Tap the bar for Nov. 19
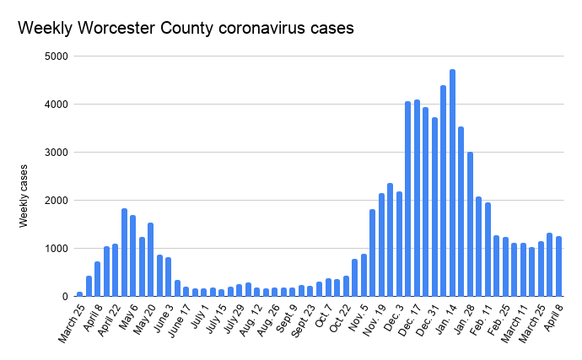[381, 244]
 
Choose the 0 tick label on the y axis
[64, 297]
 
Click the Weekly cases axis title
[26, 196]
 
